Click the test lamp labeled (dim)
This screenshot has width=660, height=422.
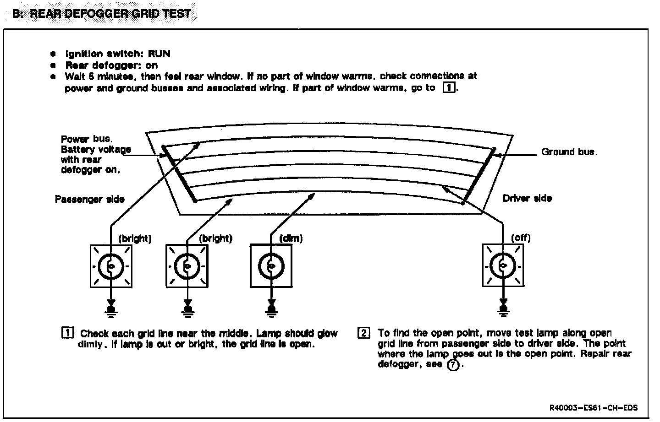coord(271,266)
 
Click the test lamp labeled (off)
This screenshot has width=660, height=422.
coord(503,266)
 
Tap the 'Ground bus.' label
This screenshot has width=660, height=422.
coord(569,152)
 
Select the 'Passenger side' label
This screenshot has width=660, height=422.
coord(89,199)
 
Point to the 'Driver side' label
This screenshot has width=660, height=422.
coord(527,198)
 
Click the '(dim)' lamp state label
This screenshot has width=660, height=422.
coord(291,238)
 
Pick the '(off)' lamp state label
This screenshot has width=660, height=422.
coord(521,238)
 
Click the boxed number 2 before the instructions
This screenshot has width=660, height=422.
coord(363,333)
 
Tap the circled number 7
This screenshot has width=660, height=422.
coord(452,365)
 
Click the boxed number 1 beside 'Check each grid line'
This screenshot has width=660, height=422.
coord(67,333)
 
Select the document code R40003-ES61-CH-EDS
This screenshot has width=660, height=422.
coord(593,408)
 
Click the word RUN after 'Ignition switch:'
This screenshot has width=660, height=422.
coord(159,54)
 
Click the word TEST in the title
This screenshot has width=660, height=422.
coord(176,13)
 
